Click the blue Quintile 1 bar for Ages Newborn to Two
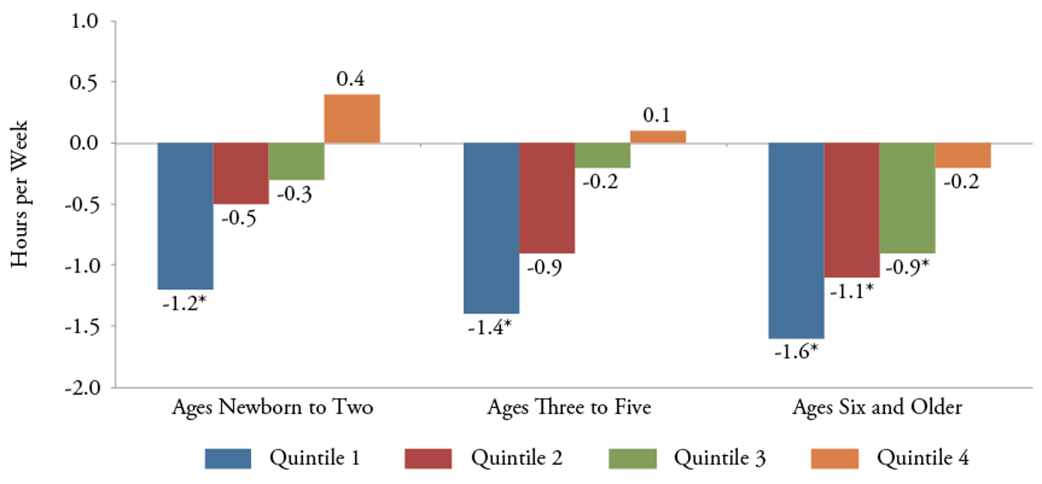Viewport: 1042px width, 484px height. (x=185, y=216)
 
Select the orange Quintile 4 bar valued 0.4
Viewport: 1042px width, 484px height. (x=351, y=119)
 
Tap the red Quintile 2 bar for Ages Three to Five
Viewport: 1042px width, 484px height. (x=547, y=198)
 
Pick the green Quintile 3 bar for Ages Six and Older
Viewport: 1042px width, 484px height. (x=907, y=198)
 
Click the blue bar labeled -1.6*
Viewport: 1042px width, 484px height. (x=796, y=240)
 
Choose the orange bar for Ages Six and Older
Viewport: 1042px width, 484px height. (x=963, y=155)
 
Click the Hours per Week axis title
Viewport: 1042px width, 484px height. (x=19, y=201)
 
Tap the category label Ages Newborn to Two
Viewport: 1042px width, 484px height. (x=272, y=409)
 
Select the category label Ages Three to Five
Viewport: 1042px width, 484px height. (x=569, y=409)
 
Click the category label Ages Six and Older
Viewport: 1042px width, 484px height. (x=877, y=409)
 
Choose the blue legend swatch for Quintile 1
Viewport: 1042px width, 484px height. (x=228, y=458)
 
